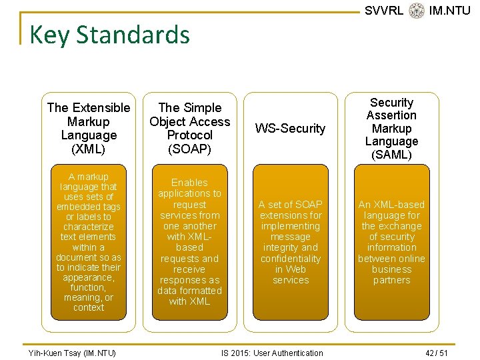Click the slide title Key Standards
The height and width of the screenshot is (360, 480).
(109, 35)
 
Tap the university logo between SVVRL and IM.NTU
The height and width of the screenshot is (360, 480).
(417, 11)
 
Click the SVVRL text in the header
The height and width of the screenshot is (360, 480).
(384, 11)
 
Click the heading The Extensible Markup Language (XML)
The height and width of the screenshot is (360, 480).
(89, 128)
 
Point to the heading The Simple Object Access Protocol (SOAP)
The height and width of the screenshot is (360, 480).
(189, 128)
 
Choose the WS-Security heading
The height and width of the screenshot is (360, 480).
(291, 128)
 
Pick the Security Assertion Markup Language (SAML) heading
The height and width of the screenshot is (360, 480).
(391, 128)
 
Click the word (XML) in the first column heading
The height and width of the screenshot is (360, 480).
(89, 149)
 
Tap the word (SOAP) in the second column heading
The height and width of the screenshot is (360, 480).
(189, 149)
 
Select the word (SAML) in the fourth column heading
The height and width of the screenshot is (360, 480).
(391, 155)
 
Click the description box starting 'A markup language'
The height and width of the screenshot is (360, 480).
(89, 242)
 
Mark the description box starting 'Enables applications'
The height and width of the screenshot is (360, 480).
(189, 242)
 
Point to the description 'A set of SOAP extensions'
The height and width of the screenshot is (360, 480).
(291, 242)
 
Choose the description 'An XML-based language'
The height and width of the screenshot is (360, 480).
(391, 242)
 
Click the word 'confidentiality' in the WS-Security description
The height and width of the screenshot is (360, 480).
(291, 259)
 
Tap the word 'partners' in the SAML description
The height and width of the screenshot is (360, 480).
(391, 280)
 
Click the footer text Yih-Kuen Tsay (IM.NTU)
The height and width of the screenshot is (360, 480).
(73, 353)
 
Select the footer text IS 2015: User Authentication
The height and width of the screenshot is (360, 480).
(272, 353)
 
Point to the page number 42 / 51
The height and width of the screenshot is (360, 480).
(437, 353)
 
